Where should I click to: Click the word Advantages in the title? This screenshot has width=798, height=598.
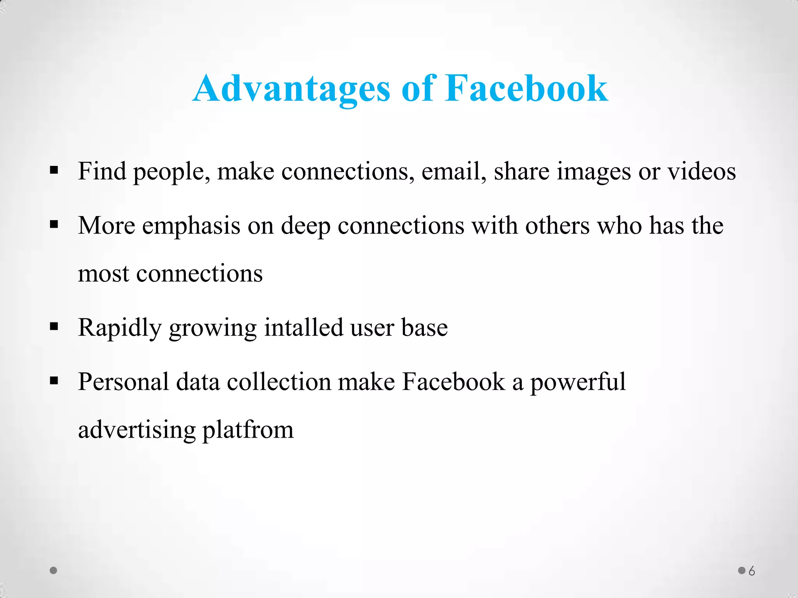(x=291, y=89)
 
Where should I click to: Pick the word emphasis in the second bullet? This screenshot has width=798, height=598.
(x=191, y=226)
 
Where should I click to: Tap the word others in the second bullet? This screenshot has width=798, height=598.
(x=558, y=225)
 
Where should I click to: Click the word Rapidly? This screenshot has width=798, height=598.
(x=120, y=328)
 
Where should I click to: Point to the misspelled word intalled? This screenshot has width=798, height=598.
(x=304, y=327)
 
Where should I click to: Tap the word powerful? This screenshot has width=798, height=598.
(x=578, y=382)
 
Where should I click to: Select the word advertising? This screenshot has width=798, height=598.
(x=137, y=430)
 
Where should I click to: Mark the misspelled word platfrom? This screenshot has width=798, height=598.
(x=248, y=430)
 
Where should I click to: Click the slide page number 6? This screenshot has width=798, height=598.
(x=752, y=571)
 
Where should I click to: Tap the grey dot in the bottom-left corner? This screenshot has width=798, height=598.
(x=54, y=570)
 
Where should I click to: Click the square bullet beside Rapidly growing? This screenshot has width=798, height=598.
(x=54, y=326)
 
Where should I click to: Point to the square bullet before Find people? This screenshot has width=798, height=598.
(x=54, y=170)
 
